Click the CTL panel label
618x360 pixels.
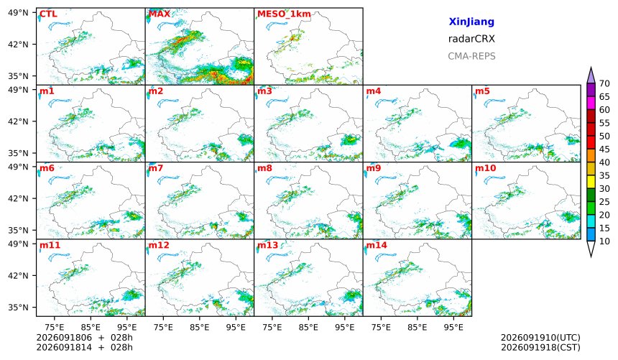pos(48,14)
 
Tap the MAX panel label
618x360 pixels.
pos(160,14)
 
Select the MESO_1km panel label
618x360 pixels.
pos(284,14)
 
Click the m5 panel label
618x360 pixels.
pos(482,91)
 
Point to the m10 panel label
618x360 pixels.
pos(485,168)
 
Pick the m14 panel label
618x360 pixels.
pos(377,245)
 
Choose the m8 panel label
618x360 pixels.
pos(264,168)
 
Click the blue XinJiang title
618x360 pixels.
pos(471,22)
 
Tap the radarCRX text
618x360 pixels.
pos(471,39)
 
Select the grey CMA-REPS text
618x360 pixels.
pos(471,56)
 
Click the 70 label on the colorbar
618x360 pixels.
pos(604,83)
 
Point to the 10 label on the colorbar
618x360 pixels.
pos(604,241)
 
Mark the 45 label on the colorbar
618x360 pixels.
pos(604,149)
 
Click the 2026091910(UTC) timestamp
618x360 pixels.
pos(540,338)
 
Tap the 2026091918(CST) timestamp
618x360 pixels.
pos(540,347)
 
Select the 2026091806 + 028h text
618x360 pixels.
pos(84,338)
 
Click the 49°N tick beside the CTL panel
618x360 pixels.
pos(18,13)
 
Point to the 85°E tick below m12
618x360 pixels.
pos(200,327)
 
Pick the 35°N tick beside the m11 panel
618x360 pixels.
pos(18,307)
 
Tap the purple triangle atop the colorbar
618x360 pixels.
pos(591,75)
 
